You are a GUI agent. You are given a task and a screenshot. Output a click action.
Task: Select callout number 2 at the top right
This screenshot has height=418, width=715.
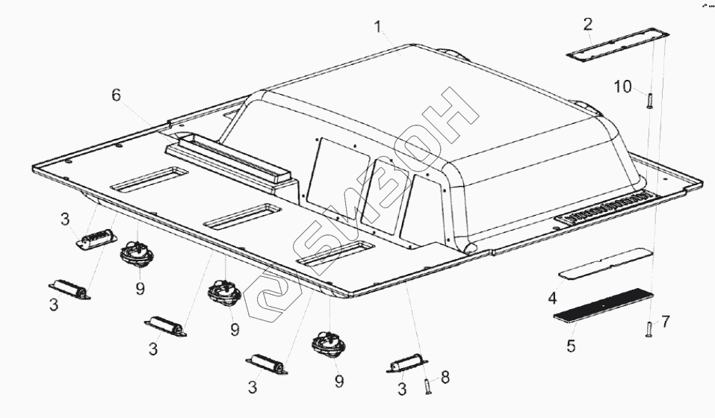[x=588, y=23]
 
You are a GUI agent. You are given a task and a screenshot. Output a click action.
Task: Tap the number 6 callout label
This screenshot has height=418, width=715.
[x=116, y=95]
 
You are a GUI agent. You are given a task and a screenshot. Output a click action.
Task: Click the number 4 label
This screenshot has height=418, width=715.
[x=552, y=299]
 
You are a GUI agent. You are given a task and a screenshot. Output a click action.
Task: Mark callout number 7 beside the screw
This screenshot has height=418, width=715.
[x=666, y=322]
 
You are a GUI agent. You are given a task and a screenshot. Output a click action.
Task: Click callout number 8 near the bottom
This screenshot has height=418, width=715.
[x=445, y=378]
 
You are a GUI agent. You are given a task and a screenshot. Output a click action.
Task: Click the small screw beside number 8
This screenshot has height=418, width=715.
[x=427, y=386]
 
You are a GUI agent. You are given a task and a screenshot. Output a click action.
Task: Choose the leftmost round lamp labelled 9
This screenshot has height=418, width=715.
[x=137, y=255]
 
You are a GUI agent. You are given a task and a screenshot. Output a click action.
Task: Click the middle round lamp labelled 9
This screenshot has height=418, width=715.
[x=223, y=292]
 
